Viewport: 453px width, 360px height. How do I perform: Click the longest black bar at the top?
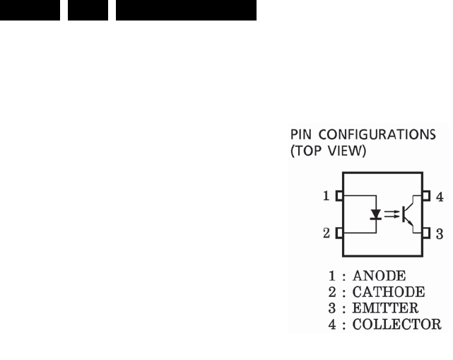(x=186, y=10)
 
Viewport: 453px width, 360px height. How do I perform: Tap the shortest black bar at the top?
(x=88, y=10)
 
